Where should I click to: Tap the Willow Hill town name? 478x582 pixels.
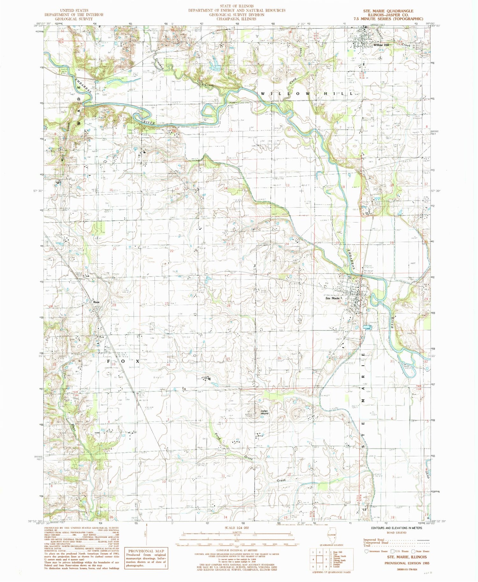tap(381, 45)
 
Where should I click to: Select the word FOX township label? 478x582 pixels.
tap(124, 361)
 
